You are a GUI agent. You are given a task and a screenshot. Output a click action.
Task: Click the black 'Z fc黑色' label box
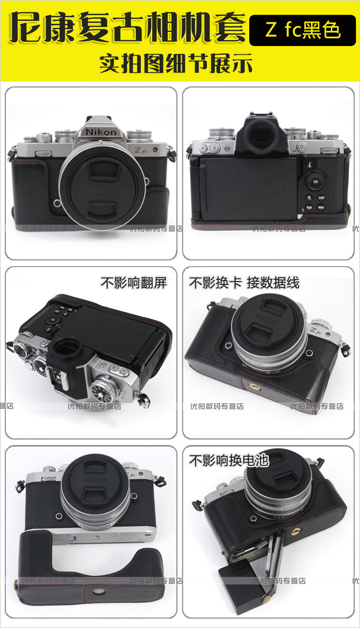(302, 31)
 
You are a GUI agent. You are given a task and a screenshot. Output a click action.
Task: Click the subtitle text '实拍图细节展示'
(176, 64)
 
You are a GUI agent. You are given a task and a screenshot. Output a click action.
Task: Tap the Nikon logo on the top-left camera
(103, 132)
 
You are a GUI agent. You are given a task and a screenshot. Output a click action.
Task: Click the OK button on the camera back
(316, 181)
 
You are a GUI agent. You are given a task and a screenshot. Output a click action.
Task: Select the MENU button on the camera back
(321, 207)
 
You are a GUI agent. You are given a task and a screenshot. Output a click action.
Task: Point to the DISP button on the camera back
(321, 198)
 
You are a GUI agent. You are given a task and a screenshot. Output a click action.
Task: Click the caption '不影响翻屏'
(134, 283)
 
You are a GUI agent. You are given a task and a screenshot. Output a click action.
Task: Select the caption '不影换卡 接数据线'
(244, 283)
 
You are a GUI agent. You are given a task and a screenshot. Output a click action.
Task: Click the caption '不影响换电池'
(229, 461)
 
